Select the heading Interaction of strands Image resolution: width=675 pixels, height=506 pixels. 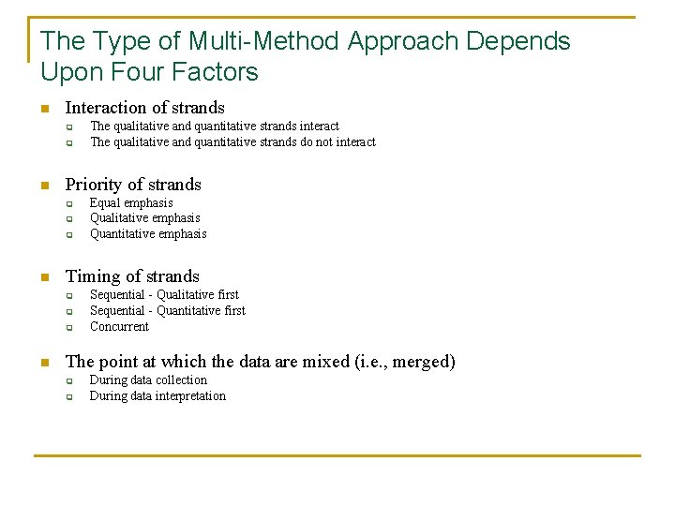pos(144,108)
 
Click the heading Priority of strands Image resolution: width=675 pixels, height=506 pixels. pos(133,185)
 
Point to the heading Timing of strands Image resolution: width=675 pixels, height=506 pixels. pos(132,276)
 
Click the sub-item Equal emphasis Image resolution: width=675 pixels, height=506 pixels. pos(131,203)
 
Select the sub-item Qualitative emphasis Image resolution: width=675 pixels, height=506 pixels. pos(144,218)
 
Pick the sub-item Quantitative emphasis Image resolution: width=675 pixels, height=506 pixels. pos(148,234)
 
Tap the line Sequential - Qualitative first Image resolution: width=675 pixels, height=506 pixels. pos(164,295)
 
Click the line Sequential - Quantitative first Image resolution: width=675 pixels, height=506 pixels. pos(167,311)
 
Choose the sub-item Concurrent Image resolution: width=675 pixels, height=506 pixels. pos(119,327)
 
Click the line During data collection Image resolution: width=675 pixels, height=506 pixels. pos(148,380)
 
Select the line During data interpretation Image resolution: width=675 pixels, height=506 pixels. pos(157,396)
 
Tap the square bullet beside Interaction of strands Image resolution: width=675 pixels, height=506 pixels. pos(43,109)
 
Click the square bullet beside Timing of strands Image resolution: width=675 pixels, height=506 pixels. pos(43,277)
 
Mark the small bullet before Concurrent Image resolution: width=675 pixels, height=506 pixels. pos(68,328)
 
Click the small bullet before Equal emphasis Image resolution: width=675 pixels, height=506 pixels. pos(68,204)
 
